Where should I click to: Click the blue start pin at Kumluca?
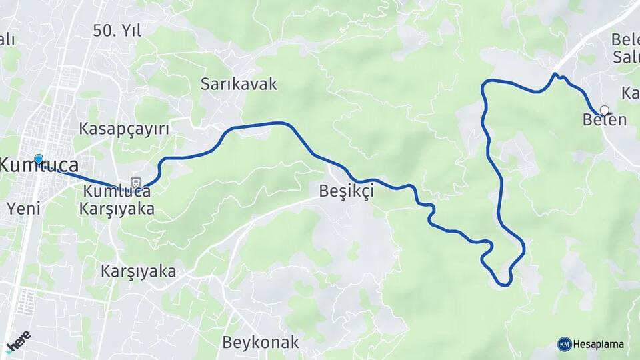(x=39, y=159)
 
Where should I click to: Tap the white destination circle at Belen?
(x=604, y=110)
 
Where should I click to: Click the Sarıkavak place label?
(x=239, y=85)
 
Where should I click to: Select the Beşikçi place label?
(x=346, y=191)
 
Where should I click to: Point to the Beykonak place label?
(x=260, y=343)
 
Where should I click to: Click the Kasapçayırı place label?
(x=123, y=129)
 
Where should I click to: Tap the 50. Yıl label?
(x=117, y=30)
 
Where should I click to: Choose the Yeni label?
(x=23, y=208)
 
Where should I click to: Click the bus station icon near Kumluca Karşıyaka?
(x=136, y=183)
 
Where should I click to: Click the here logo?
(x=18, y=341)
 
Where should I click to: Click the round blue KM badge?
(x=564, y=345)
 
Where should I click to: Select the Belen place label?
(x=604, y=121)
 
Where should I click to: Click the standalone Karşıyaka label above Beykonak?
(x=139, y=271)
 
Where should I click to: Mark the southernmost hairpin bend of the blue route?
(x=506, y=285)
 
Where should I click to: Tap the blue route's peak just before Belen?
(x=555, y=74)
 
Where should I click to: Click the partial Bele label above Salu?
(x=625, y=39)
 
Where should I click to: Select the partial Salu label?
(x=626, y=57)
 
